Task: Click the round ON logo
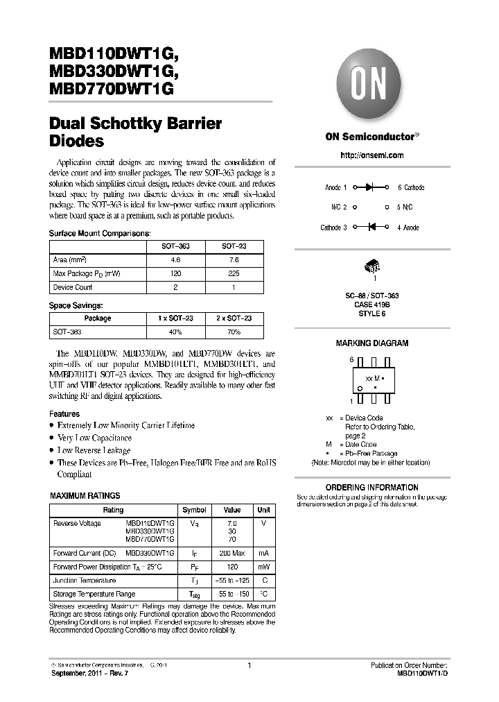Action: pos(372,84)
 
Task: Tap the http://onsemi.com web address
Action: pos(372,155)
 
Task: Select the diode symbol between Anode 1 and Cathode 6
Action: pos(370,187)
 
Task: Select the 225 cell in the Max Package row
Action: pos(234,273)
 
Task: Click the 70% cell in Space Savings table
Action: pos(234,332)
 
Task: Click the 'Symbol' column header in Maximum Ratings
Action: pos(194,510)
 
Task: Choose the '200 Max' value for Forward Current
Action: pos(232,553)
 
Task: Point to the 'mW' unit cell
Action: pos(263,567)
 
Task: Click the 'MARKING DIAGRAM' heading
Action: pos(371,343)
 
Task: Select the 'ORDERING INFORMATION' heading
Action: pos(371,488)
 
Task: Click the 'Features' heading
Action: pos(64,414)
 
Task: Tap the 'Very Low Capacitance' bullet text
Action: pos(94,438)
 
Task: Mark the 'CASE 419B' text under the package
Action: pos(372,304)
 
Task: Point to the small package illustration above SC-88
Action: pos(372,266)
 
